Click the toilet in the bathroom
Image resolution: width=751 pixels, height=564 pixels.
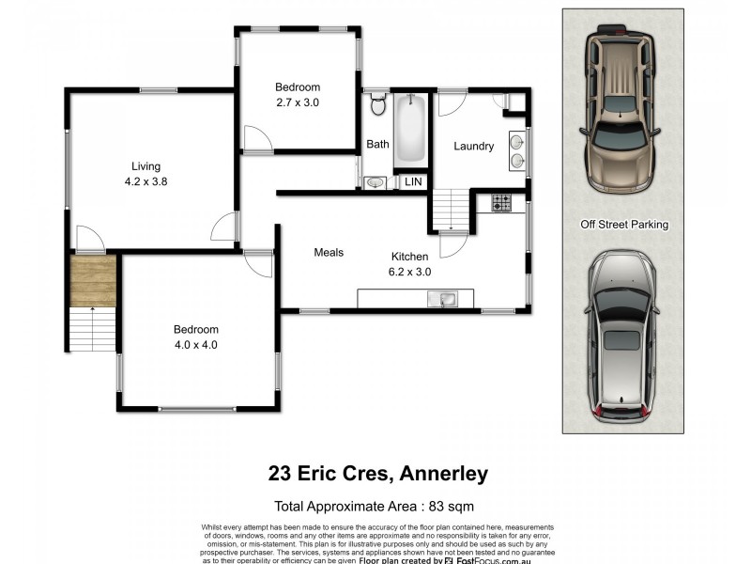coord(378,104)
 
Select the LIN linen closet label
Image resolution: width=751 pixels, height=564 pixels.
coord(413,181)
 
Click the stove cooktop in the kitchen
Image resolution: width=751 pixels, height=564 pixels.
coord(501,202)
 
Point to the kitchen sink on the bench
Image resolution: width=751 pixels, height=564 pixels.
coord(443,300)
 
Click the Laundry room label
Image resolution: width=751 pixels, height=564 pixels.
coord(473,146)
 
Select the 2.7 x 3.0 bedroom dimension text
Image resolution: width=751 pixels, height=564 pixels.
coord(298,102)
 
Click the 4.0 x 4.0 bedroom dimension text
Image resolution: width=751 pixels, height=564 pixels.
coord(195,344)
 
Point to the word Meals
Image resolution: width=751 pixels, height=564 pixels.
coord(329,252)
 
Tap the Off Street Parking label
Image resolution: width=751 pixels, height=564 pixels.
coord(623,225)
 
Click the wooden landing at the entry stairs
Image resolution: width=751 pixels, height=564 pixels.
coord(93,280)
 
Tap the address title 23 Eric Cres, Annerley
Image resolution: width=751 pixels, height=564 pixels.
coord(378,473)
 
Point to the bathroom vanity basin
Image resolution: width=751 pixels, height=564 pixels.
coord(375,182)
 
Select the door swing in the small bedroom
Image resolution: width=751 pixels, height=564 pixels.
coord(256,140)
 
